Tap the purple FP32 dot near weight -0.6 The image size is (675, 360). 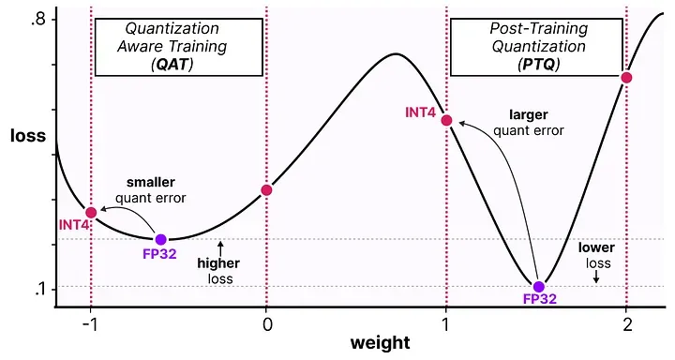[160, 239]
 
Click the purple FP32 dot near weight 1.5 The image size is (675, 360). [538, 287]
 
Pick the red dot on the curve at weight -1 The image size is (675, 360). [91, 212]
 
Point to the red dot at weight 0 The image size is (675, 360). [266, 190]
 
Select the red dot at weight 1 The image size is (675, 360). [447, 121]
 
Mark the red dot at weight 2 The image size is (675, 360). [626, 77]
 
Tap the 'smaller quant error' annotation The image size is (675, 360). [151, 189]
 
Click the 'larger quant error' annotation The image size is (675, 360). [529, 123]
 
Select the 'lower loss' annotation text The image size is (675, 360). [595, 256]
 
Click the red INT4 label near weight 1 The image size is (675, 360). [420, 112]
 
